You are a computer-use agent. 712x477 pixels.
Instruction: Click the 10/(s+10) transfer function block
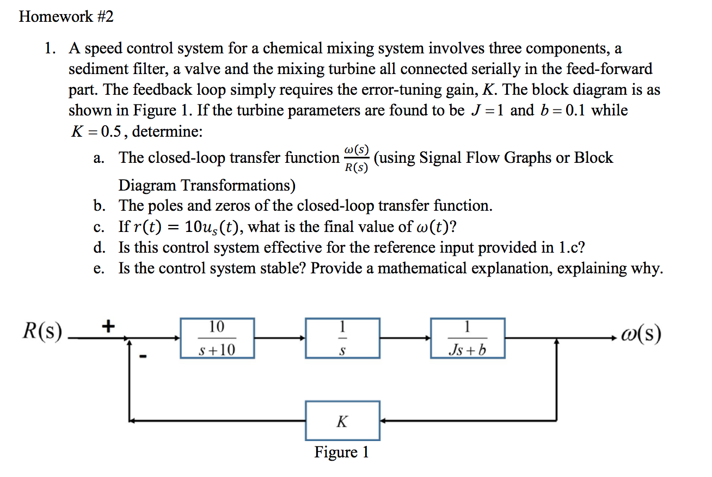(217, 338)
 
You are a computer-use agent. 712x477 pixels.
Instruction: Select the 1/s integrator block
(342, 338)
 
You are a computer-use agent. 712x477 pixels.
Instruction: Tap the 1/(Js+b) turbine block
(468, 338)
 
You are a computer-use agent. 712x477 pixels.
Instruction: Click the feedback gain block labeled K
(342, 421)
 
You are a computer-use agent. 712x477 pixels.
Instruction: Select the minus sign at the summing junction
(143, 357)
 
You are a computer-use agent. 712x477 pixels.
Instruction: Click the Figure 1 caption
(341, 452)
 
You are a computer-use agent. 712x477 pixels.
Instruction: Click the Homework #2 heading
(66, 17)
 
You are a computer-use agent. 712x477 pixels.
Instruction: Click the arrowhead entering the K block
(383, 421)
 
